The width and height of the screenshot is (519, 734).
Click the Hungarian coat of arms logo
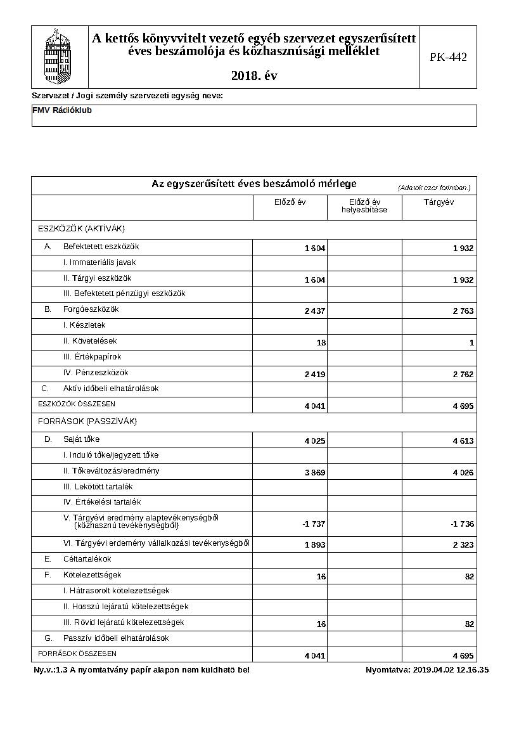(60, 56)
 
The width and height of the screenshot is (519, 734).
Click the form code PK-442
(448, 57)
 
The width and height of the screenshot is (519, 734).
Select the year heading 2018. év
(254, 76)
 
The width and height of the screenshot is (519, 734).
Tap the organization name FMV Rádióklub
(61, 110)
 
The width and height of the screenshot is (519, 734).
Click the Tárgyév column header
(439, 202)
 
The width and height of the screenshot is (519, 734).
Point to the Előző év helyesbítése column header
(364, 206)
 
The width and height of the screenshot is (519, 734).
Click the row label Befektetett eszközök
(101, 247)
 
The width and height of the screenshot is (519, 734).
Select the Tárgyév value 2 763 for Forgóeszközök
(463, 311)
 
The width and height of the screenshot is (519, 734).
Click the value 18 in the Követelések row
(321, 343)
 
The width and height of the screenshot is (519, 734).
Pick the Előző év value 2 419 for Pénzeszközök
(315, 375)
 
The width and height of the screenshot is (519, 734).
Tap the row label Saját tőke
(81, 439)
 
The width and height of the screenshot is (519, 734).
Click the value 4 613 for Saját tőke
(463, 441)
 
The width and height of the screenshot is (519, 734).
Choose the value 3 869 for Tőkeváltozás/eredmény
(315, 473)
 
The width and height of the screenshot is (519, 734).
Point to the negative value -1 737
(314, 524)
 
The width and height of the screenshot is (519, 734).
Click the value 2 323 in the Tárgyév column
(463, 544)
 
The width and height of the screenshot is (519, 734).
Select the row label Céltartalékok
(87, 559)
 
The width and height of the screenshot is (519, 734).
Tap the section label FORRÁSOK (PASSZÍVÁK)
(87, 422)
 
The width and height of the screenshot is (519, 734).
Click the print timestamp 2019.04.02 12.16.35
(450, 670)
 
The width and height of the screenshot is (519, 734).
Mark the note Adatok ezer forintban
(434, 188)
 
